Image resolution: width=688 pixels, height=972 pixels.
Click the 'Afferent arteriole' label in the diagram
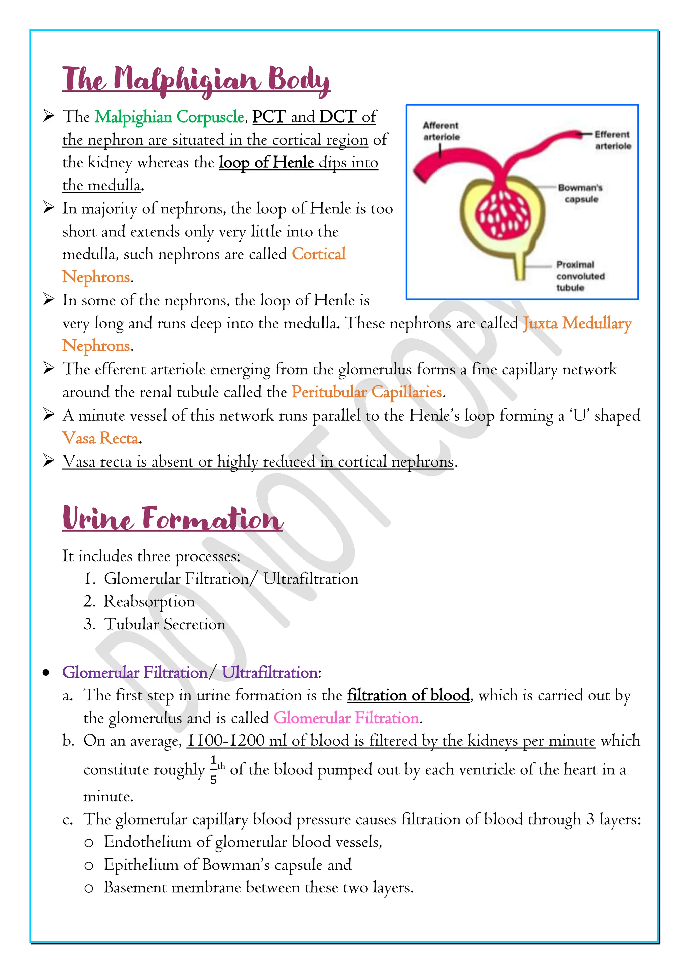tap(441, 131)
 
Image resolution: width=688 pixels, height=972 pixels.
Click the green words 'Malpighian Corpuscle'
tap(169, 117)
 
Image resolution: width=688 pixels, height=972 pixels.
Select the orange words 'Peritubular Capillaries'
tap(367, 392)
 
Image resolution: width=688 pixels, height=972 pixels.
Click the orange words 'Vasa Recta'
tap(101, 438)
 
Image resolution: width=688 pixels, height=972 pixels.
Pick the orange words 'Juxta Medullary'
tap(577, 324)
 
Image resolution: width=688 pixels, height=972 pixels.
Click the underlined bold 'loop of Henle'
tap(266, 162)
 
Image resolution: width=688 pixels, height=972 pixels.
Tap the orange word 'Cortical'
tap(318, 254)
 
